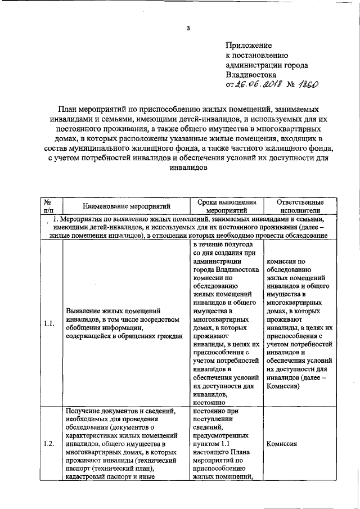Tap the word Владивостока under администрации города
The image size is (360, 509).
(251, 74)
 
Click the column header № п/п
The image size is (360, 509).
(48, 205)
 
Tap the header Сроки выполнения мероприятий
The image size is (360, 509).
(227, 205)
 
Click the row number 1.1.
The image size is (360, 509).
(48, 323)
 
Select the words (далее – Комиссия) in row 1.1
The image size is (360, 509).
(298, 382)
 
